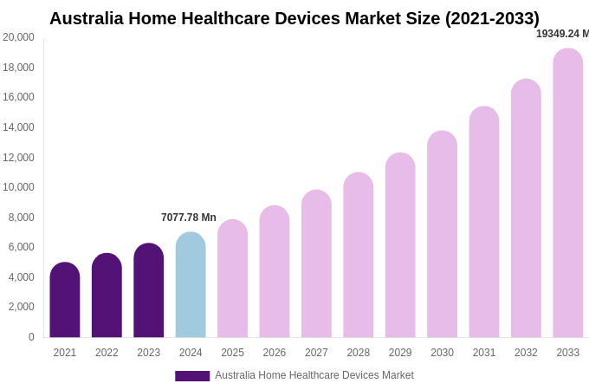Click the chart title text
(x=294, y=18)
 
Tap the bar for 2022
(x=107, y=296)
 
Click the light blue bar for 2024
(x=191, y=285)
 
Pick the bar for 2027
(x=316, y=264)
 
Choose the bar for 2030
(x=442, y=235)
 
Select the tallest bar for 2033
(x=568, y=193)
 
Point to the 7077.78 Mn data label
(x=189, y=218)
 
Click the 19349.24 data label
(x=562, y=34)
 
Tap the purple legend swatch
(x=192, y=376)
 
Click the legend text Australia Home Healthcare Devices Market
(x=314, y=375)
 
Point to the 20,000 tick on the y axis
(x=18, y=37)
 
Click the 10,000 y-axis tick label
(x=18, y=187)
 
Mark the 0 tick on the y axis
(x=31, y=337)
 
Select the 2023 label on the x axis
(x=149, y=353)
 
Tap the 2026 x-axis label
(x=275, y=353)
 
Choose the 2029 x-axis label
(x=400, y=353)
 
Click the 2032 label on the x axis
(x=526, y=353)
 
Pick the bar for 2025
(x=232, y=279)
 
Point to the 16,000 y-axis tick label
(x=18, y=97)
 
